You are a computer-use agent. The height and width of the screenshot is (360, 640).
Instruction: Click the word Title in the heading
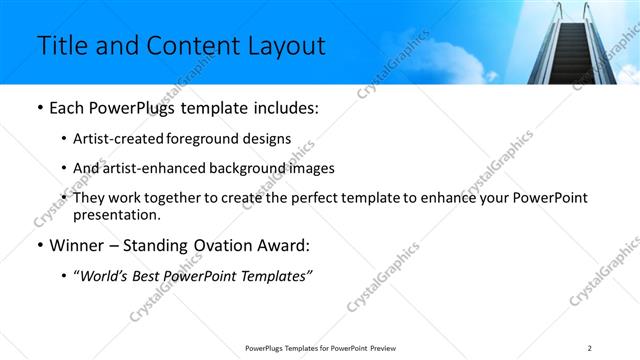pyautogui.click(x=60, y=46)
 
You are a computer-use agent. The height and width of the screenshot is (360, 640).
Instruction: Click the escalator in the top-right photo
pyautogui.click(x=572, y=45)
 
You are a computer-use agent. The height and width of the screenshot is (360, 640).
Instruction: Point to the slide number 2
pyautogui.click(x=590, y=348)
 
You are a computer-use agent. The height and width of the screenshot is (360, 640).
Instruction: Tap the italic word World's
pyautogui.click(x=105, y=275)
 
